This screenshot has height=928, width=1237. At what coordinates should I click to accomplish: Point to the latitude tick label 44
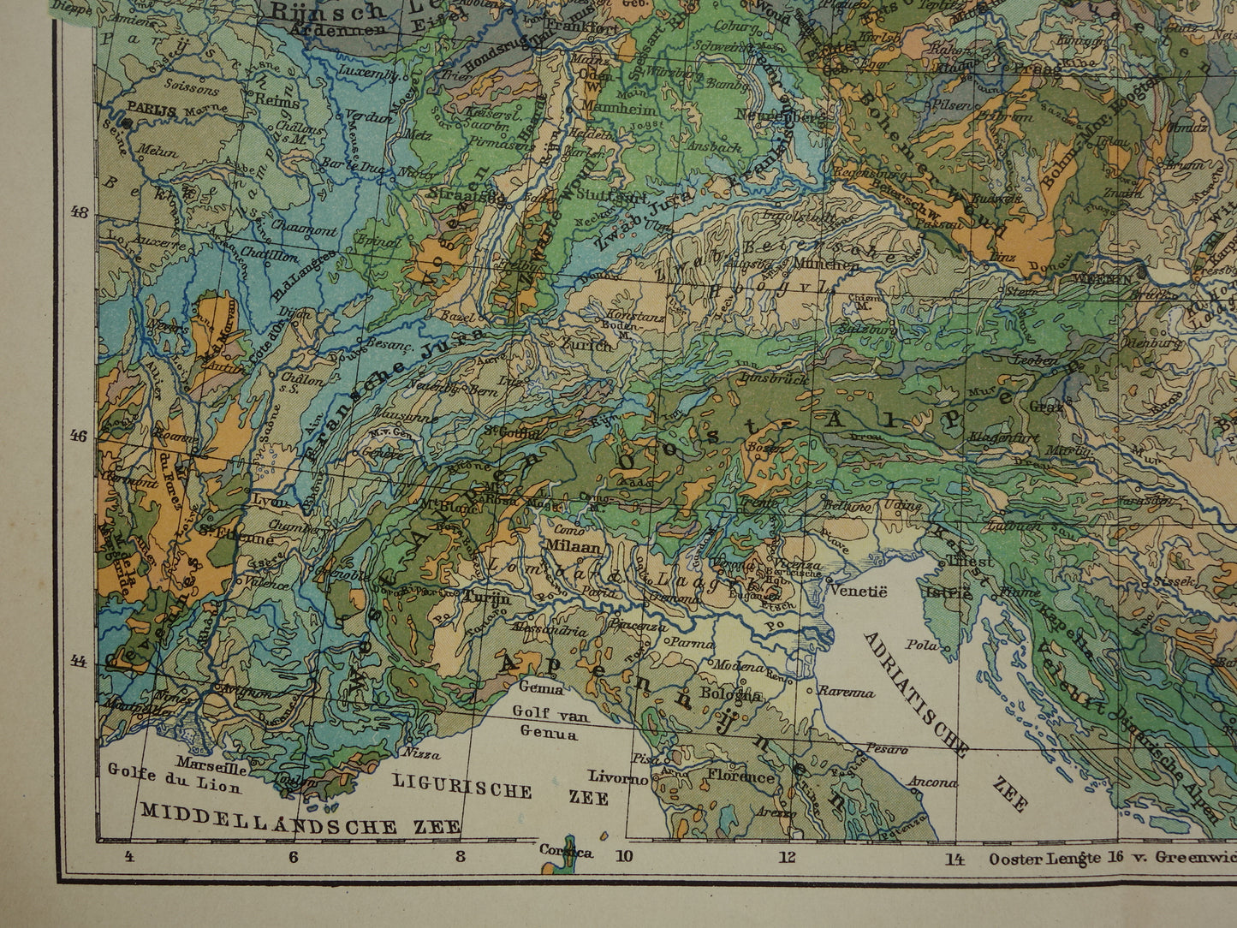click(79, 661)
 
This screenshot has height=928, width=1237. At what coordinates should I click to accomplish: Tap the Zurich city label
click(586, 345)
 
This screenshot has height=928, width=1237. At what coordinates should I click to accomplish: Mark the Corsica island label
click(566, 851)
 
